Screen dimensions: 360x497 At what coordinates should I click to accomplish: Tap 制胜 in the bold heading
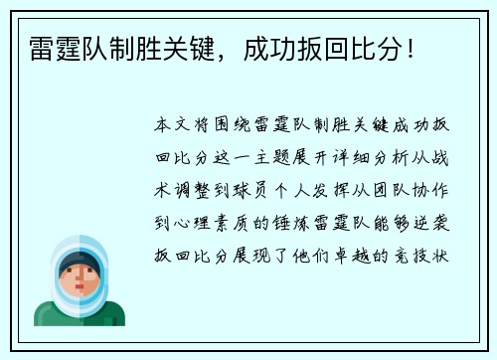click(x=124, y=47)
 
